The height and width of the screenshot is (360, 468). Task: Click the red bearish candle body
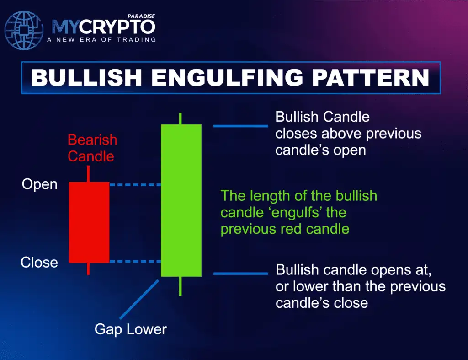89,222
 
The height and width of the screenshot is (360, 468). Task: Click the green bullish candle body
181,200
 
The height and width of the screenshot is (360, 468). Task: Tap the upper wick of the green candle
181,118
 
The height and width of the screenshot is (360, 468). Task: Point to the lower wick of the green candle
181,286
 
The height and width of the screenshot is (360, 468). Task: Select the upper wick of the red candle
88,174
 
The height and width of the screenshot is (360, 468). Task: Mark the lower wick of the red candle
88,269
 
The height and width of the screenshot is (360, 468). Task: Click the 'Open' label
40,185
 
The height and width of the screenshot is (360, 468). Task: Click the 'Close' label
39,263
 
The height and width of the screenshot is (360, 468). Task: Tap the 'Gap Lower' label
130,329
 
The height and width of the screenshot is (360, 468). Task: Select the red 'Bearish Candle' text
92,148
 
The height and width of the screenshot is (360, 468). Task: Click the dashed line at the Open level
135,185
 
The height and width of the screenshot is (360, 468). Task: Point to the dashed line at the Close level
135,262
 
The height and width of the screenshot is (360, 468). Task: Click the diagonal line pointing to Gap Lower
139,299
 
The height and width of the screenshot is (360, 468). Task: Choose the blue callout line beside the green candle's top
240,126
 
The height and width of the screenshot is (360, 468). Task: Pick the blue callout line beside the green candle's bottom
240,274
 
